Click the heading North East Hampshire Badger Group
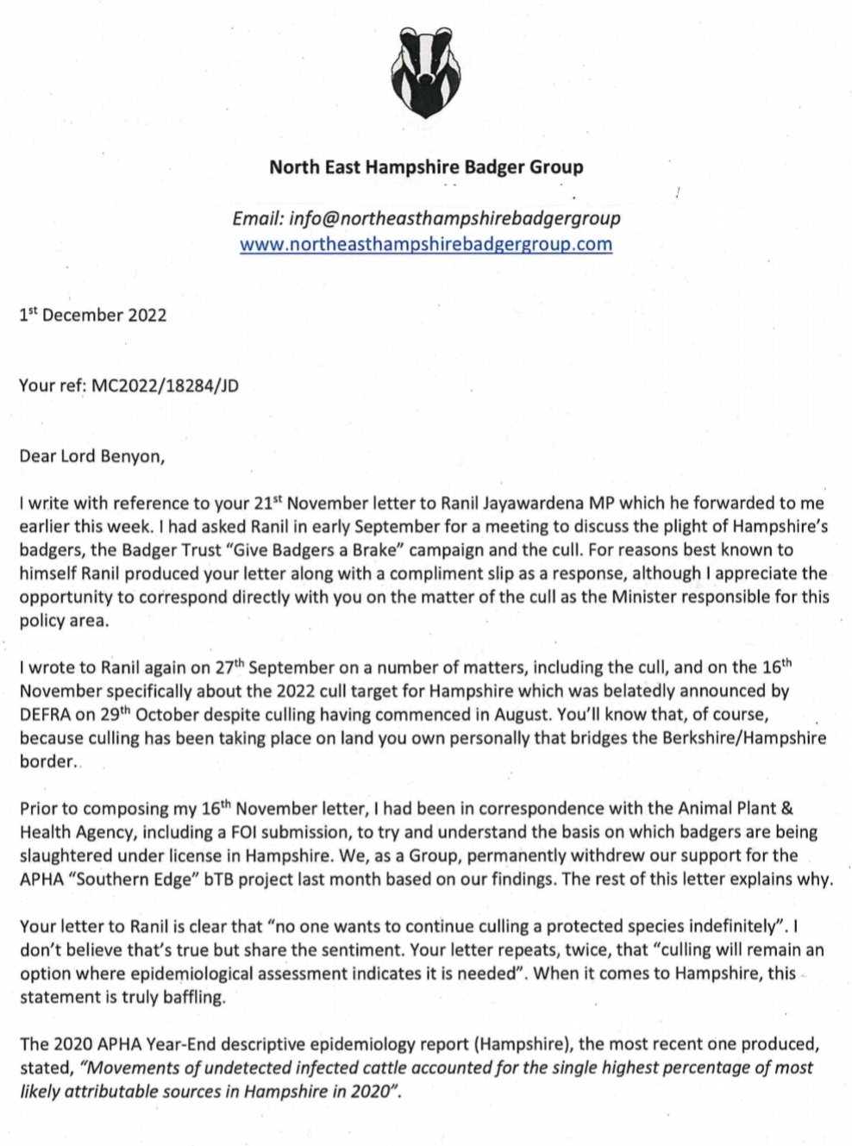coord(426,167)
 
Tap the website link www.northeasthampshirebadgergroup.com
coord(426,244)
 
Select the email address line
coord(426,219)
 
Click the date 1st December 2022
coord(93,315)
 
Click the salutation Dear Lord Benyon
coord(91,456)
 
